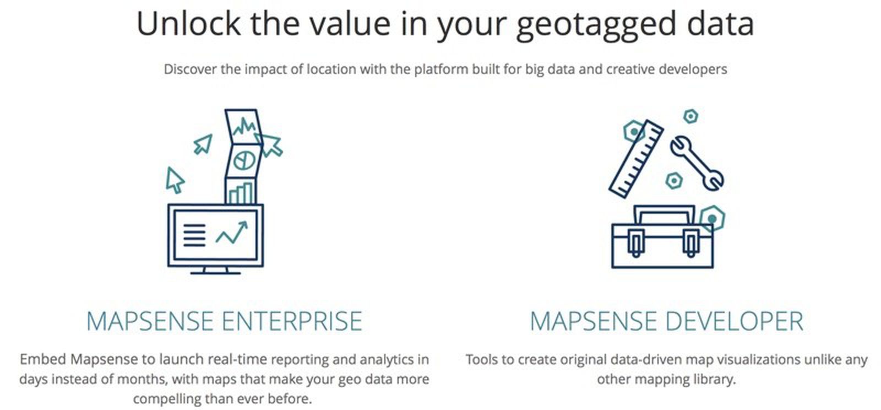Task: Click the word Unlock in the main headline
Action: pyautogui.click(x=188, y=24)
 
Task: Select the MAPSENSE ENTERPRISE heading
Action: pyautogui.click(x=225, y=321)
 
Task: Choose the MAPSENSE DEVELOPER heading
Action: pyautogui.click(x=666, y=321)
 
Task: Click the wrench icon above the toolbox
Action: pyautogui.click(x=697, y=163)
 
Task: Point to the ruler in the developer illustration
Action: pyautogui.click(x=636, y=159)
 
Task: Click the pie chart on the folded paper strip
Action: pyautogui.click(x=244, y=160)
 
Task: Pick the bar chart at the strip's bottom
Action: pyautogui.click(x=241, y=193)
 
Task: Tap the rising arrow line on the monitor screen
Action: pyautogui.click(x=232, y=233)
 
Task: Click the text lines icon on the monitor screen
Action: pyautogui.click(x=194, y=235)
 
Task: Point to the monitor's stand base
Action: pyautogui.click(x=215, y=272)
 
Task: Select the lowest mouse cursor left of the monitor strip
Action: pyautogui.click(x=175, y=180)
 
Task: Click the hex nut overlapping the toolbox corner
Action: pyautogui.click(x=712, y=219)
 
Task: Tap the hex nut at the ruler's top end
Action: pyautogui.click(x=634, y=132)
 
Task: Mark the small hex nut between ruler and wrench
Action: pyautogui.click(x=673, y=180)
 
